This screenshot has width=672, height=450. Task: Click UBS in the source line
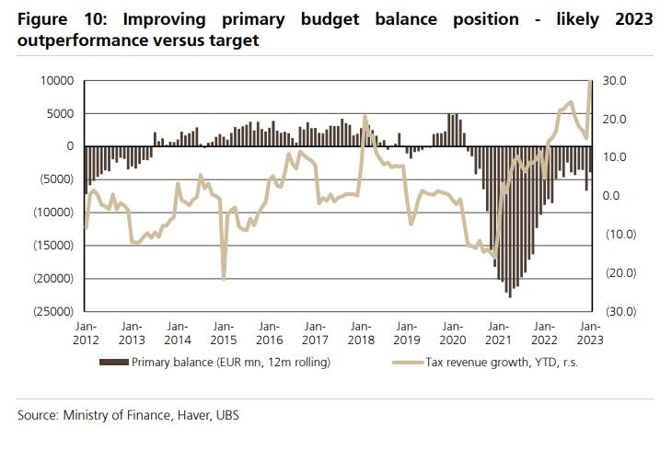[228, 415]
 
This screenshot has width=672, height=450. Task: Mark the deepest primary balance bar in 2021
[509, 296]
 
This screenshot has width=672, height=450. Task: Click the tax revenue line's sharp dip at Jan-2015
[224, 278]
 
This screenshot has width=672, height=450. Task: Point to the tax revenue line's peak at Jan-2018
[365, 117]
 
